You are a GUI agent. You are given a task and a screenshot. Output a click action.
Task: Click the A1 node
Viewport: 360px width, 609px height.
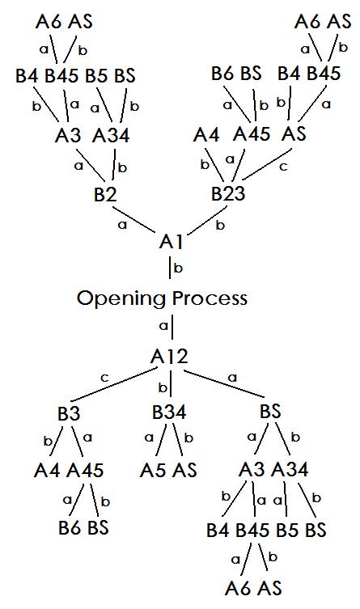tap(172, 242)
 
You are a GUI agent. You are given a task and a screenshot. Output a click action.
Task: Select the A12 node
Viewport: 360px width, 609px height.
tap(169, 356)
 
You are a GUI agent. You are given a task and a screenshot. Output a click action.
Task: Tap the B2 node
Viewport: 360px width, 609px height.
tap(105, 194)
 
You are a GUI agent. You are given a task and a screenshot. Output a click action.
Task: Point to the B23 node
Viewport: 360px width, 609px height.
tap(228, 193)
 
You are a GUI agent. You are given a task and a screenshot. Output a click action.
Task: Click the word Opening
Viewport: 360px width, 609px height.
tap(121, 299)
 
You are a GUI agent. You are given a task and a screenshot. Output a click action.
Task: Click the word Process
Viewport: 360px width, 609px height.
tap(210, 298)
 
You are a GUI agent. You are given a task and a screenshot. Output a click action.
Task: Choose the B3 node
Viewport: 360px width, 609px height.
tap(69, 413)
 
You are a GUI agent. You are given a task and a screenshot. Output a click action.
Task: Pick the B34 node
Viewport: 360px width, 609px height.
tap(169, 412)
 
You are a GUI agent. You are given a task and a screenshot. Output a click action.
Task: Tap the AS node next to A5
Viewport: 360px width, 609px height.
tap(184, 471)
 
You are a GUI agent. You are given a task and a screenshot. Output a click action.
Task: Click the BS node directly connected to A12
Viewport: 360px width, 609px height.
tap(270, 412)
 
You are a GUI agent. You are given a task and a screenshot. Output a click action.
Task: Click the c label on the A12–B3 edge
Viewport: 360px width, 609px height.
tap(104, 378)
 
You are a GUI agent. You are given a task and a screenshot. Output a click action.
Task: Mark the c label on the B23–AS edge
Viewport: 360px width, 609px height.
tap(283, 167)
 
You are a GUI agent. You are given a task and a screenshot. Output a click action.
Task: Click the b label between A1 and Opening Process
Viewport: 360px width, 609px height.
tap(178, 268)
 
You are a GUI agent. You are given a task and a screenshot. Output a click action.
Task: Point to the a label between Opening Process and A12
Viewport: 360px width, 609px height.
tap(164, 326)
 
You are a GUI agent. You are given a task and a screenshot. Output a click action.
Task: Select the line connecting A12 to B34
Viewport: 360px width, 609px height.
tap(171, 383)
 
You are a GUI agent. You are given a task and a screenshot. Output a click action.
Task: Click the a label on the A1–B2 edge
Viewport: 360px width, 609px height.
tap(123, 225)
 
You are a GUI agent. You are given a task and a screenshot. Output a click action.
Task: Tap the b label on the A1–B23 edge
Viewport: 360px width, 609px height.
tap(220, 225)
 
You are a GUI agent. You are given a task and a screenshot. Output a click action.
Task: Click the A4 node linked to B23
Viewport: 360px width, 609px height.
tap(206, 135)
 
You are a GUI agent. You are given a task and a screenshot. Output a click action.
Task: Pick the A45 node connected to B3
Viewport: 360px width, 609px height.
tap(85, 471)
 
